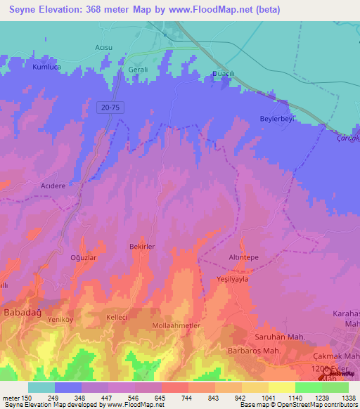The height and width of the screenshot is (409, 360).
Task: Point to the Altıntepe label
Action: pyautogui.click(x=243, y=257)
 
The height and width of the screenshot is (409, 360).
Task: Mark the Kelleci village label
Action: pyautogui.click(x=116, y=317)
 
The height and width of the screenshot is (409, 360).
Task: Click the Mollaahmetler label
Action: pyautogui.click(x=176, y=326)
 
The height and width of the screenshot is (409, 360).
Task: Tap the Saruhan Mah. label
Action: pyautogui.click(x=279, y=337)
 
